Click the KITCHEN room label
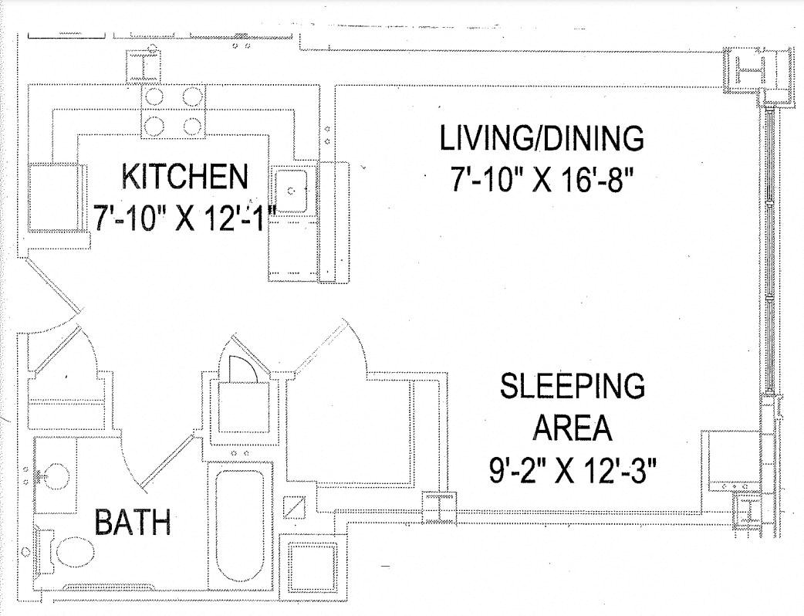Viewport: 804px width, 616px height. pos(184,176)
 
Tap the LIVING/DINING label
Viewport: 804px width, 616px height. pos(542,137)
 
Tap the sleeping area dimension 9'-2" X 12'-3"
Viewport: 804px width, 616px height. pos(573,470)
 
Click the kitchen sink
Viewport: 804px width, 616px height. pos(291,191)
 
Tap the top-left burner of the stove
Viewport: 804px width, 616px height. pos(154,96)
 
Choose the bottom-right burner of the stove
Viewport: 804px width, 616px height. pos(193,125)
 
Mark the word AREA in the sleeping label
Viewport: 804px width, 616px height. pos(573,428)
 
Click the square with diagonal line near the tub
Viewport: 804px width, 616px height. pos(294,507)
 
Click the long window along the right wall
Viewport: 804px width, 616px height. pos(769,252)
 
